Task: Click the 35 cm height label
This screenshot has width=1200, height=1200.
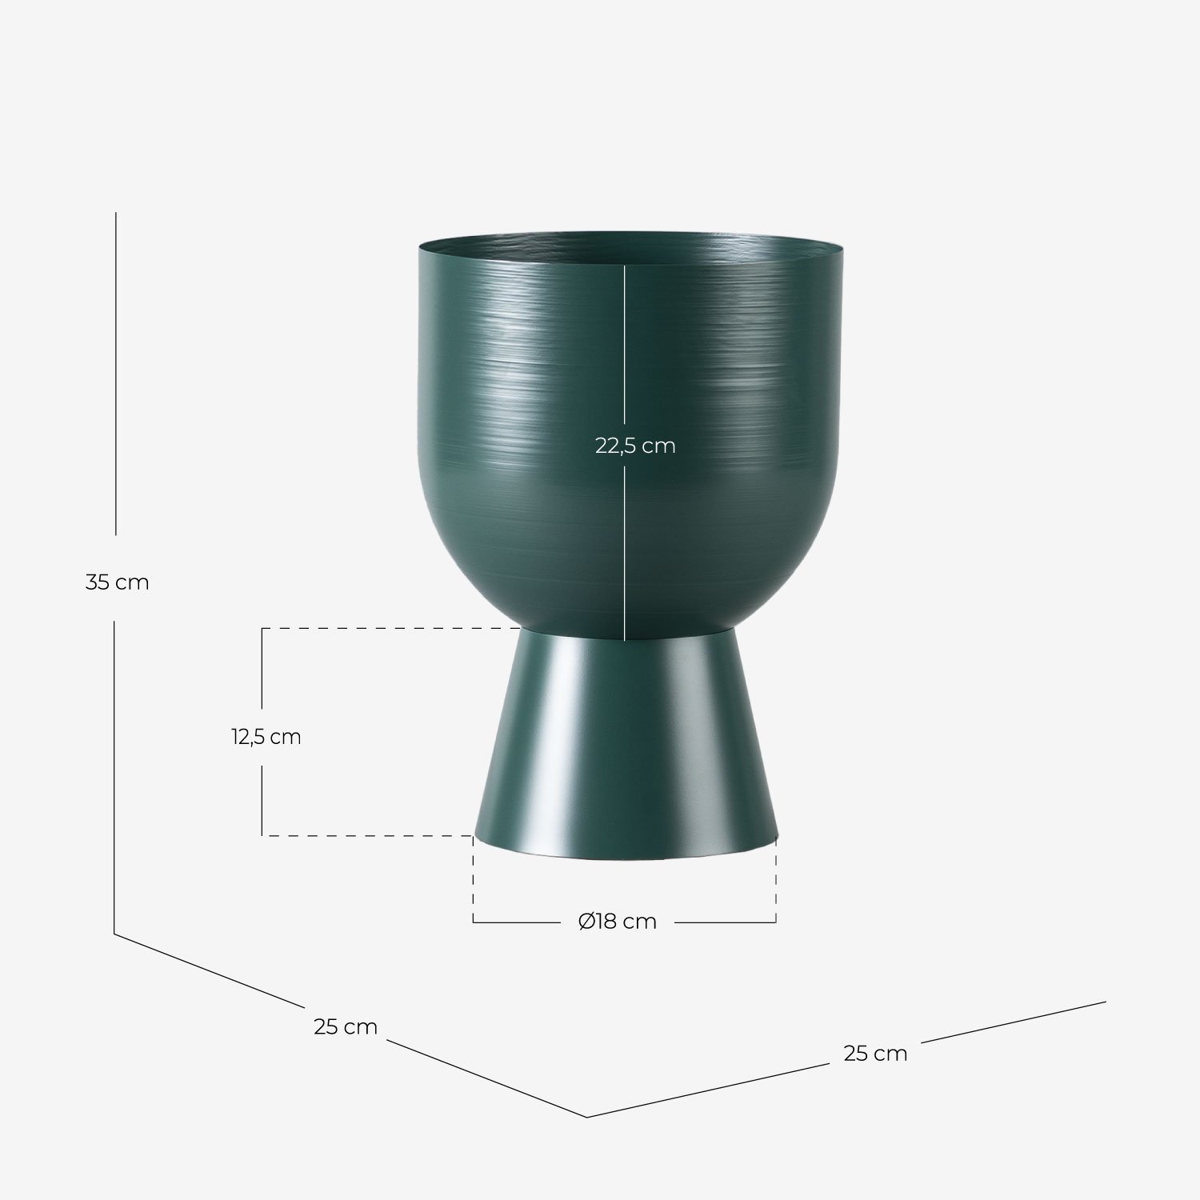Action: [117, 582]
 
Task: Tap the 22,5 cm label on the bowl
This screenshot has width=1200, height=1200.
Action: [635, 446]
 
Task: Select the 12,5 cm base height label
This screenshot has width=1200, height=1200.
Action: [266, 737]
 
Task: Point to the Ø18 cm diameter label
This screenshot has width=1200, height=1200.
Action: [618, 922]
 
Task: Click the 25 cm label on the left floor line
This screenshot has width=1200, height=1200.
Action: [345, 1026]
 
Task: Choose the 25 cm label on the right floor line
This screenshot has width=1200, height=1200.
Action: [875, 1054]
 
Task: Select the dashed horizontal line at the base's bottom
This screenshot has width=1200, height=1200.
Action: [368, 835]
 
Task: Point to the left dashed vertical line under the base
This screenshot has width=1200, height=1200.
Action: [474, 880]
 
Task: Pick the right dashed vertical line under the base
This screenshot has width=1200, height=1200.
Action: [776, 880]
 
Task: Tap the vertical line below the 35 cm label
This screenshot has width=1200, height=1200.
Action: [114, 776]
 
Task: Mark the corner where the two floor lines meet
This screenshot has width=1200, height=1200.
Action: [587, 1117]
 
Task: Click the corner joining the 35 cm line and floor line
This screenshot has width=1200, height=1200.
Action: [114, 934]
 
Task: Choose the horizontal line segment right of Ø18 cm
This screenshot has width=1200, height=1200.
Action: [725, 922]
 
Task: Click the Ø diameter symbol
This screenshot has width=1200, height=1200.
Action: [586, 922]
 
